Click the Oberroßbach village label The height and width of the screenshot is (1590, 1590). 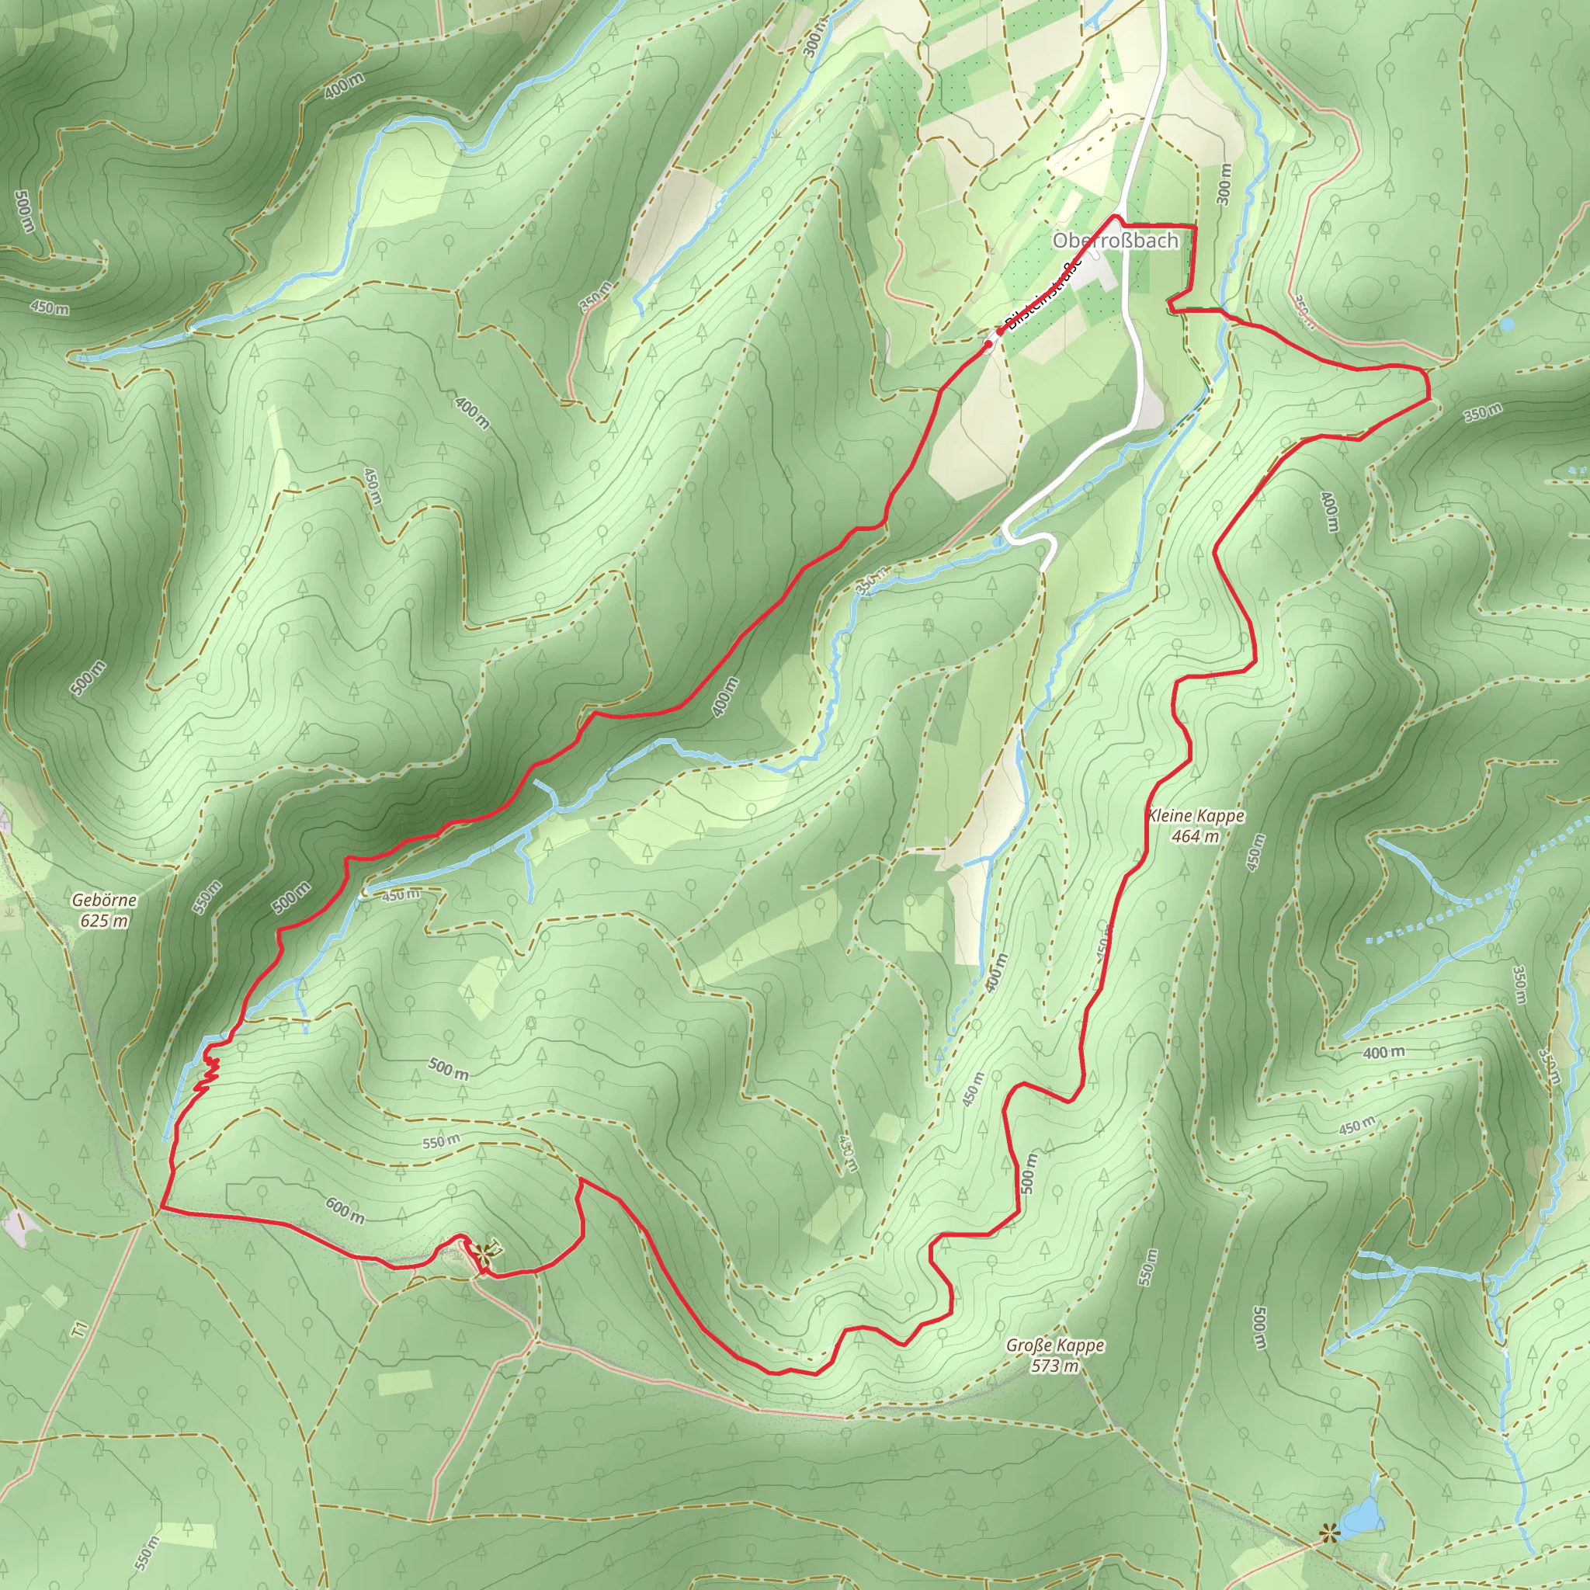pos(1115,241)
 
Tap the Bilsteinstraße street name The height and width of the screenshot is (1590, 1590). pos(1043,293)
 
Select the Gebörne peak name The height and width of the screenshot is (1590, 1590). pos(104,901)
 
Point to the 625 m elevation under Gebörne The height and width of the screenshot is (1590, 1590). pos(104,921)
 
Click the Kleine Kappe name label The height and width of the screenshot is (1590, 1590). pos(1196,816)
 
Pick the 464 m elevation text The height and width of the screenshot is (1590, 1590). pos(1196,836)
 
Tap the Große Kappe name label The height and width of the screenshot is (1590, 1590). pos(1055,1345)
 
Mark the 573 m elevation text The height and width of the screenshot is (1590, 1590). pos(1055,1366)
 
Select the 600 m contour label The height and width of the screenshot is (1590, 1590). pos(345,1209)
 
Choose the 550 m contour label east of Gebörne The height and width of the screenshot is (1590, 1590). pos(207,897)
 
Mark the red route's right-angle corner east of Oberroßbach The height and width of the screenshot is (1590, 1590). pos(1194,225)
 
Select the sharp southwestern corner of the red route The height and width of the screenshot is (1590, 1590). pos(161,1208)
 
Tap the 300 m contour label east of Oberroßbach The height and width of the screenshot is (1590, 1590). pos(1224,183)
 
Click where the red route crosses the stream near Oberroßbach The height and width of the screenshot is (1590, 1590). pos(1228,318)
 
